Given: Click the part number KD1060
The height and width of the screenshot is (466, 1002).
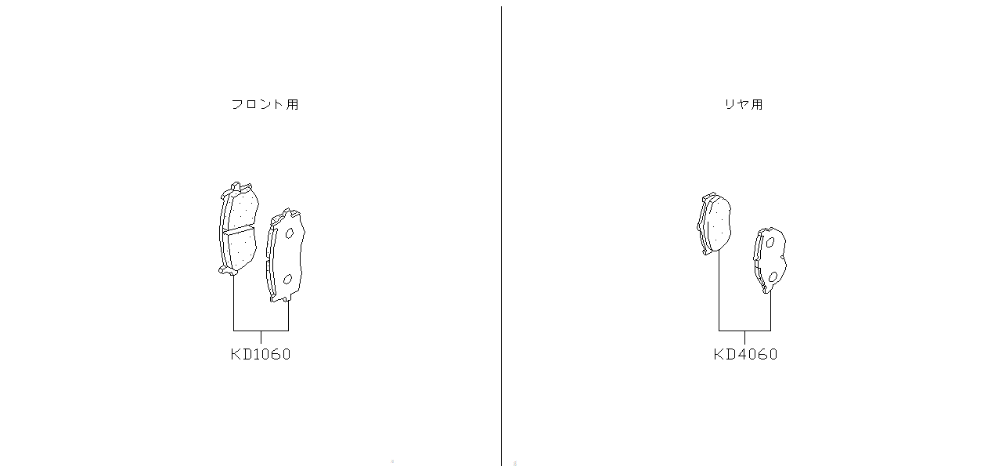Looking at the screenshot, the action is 261,355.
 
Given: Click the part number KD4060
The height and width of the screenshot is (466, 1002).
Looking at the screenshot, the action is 745,355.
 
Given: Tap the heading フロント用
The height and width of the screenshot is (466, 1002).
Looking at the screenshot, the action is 265,104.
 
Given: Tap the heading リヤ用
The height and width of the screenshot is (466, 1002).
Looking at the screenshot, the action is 744,104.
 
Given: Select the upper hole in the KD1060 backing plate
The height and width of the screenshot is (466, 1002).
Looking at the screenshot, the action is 290,233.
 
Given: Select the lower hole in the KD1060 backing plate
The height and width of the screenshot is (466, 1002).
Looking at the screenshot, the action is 287,280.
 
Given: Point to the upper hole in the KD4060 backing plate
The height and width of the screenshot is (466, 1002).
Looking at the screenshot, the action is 770,243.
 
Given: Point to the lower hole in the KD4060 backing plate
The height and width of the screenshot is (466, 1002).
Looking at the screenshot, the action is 773,277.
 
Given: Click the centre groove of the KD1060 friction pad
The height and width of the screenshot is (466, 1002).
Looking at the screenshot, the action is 239,229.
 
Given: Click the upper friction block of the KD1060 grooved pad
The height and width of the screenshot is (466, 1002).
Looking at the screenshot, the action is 243,208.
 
